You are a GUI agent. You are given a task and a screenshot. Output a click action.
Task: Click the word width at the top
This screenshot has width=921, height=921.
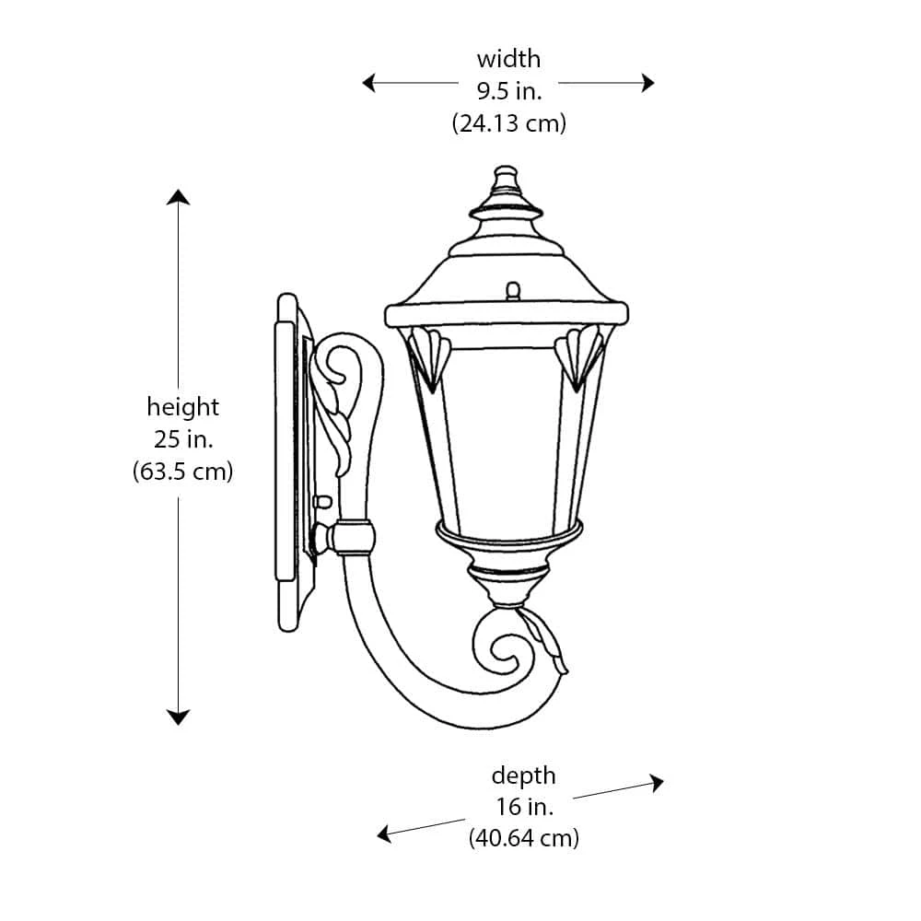(x=508, y=60)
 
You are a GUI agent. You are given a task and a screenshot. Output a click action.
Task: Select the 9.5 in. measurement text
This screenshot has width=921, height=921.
(x=508, y=91)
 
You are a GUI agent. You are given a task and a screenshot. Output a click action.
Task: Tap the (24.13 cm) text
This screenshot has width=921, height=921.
(x=508, y=122)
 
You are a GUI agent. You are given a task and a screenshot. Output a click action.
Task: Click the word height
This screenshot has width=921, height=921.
(x=183, y=407)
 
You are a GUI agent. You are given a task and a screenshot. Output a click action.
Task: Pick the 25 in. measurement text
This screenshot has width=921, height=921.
(x=183, y=438)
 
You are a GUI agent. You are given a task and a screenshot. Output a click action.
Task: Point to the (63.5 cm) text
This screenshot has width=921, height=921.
(x=183, y=472)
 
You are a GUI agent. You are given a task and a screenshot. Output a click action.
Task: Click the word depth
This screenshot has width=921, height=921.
(x=523, y=775)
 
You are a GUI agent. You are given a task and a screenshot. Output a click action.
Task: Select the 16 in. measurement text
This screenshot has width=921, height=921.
(x=523, y=807)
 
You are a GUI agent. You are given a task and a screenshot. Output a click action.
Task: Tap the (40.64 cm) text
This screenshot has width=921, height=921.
(x=523, y=839)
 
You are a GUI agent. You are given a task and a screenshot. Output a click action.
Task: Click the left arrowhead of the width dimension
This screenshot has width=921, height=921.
(x=369, y=83)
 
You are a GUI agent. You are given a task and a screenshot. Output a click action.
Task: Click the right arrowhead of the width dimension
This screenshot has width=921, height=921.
(x=647, y=83)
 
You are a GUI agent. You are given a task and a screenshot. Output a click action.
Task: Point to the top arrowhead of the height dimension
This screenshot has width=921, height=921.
(x=178, y=197)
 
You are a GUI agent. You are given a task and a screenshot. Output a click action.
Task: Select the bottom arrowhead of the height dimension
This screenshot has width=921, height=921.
(x=178, y=717)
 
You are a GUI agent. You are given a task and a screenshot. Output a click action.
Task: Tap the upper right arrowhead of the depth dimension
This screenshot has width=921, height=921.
(x=656, y=783)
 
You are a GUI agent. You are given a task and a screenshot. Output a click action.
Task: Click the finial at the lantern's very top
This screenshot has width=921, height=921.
(x=506, y=177)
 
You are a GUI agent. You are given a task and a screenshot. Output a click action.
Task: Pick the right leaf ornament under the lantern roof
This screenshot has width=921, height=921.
(x=580, y=356)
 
